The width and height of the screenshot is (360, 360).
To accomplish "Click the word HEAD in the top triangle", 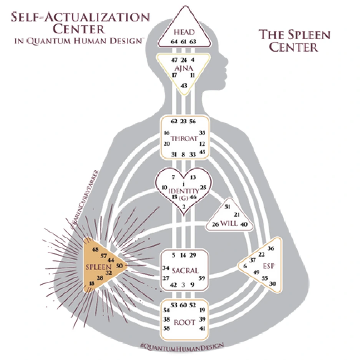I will tap(184, 32).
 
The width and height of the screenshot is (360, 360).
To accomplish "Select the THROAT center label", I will tap(184, 139).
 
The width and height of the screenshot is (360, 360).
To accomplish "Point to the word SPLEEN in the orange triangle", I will tap(99, 266).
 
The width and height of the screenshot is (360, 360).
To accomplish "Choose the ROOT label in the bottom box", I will tap(185, 322).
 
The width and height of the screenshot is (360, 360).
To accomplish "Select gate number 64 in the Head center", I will tap(174, 41).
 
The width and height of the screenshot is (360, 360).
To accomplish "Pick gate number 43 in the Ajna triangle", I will tap(184, 85).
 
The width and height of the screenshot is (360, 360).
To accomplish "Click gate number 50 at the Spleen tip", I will tap(119, 266).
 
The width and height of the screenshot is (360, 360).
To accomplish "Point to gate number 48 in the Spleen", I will tap(96, 249).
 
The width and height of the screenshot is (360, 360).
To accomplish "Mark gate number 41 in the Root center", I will tap(202, 329).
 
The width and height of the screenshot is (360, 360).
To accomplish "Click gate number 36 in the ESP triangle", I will tap(271, 248).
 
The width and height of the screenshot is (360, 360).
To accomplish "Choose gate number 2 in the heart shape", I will tap(184, 207).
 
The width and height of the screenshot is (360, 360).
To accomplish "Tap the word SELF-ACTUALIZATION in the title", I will tap(80, 18).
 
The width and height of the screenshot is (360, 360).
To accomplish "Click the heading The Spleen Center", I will tap(294, 41).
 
